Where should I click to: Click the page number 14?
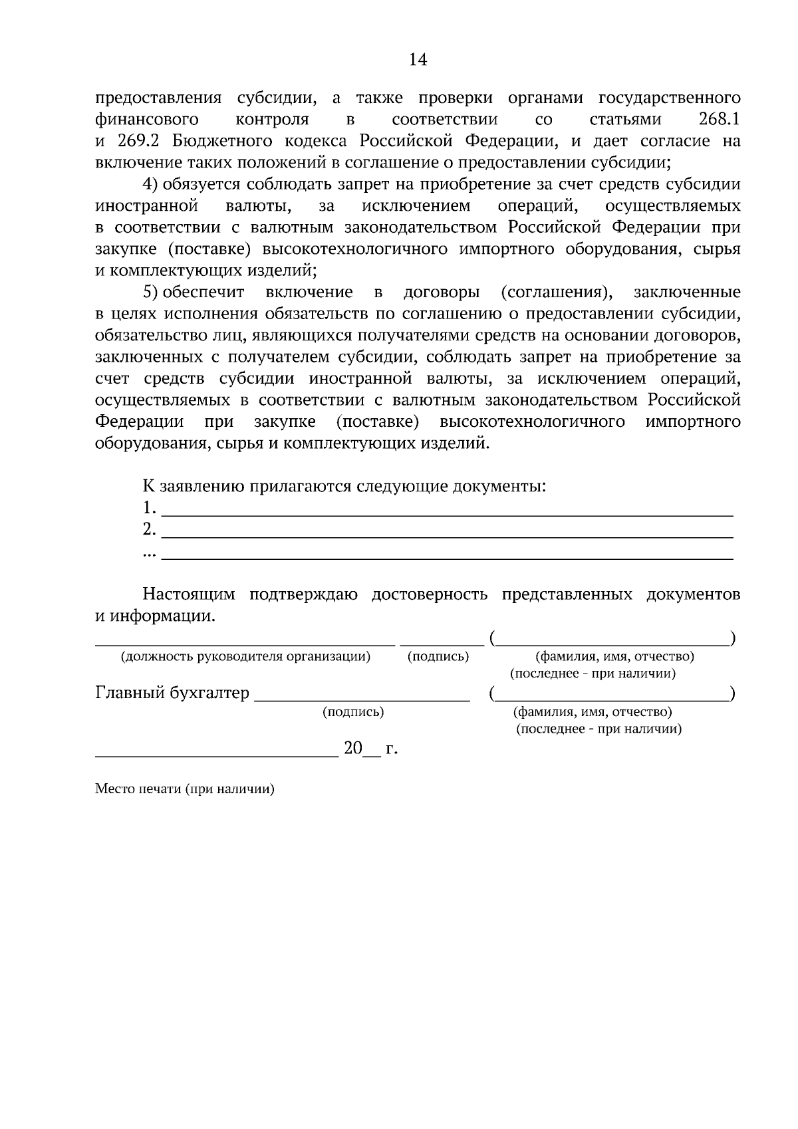click(418, 61)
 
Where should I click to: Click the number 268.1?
click(720, 120)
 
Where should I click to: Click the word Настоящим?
click(189, 594)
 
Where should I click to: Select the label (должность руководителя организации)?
click(245, 657)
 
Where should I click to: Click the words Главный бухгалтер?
click(172, 693)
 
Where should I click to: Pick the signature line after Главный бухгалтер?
click(362, 698)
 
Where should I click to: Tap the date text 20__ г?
click(370, 749)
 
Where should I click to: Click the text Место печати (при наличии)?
click(184, 790)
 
